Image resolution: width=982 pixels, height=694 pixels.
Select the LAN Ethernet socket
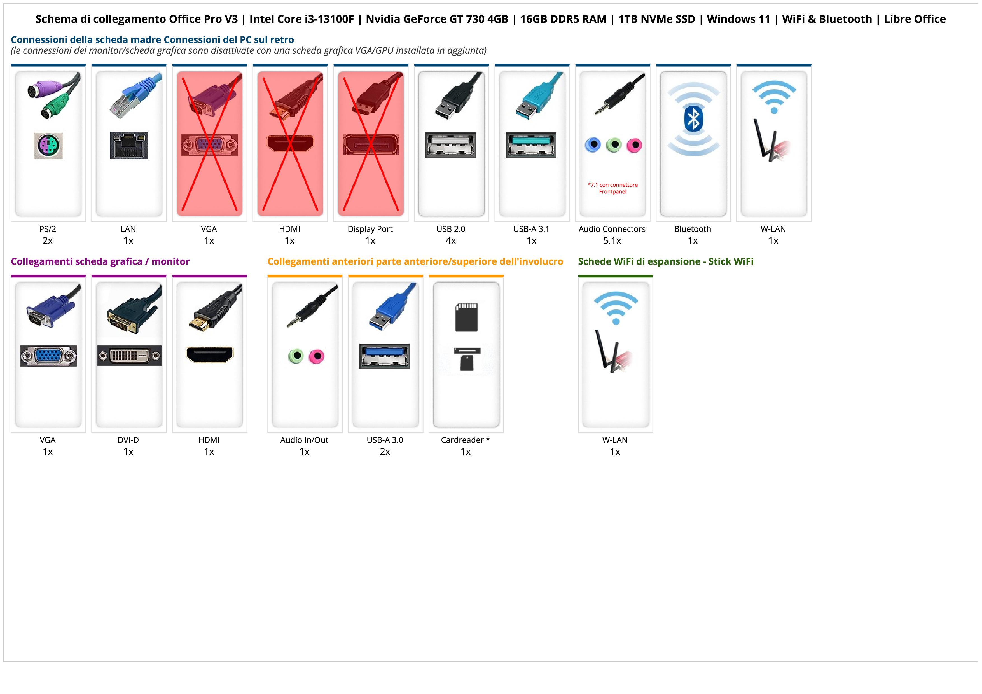coord(129,145)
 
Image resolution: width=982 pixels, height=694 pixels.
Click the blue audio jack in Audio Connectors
coord(593,145)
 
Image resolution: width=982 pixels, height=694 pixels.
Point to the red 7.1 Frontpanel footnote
coord(612,188)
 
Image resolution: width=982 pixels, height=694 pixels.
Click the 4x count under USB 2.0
coord(451,241)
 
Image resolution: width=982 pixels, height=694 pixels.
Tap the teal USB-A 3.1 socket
coord(531,145)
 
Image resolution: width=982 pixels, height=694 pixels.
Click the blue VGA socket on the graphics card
coord(48,356)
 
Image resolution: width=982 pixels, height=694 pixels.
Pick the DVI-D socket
coord(129,356)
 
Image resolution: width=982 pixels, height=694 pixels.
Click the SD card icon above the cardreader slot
coord(466,317)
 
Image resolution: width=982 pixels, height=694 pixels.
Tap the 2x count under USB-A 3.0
coord(385,452)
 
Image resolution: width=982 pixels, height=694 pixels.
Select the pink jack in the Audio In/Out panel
coord(317,356)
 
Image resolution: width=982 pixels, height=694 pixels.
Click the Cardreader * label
coord(465,440)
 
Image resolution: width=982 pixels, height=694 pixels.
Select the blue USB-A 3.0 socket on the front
coord(385,356)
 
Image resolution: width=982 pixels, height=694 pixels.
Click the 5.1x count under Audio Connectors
coord(612,241)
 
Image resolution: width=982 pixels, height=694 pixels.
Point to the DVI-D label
coord(128,440)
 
